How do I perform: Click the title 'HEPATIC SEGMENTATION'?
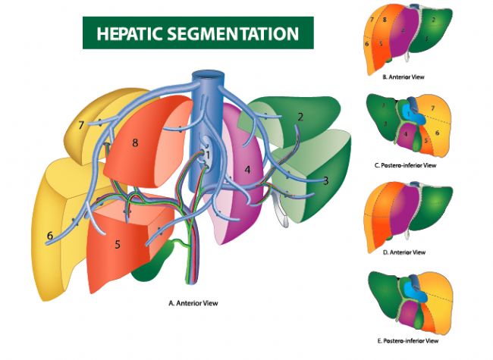pos(197,33)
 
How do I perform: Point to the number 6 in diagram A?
pos(49,236)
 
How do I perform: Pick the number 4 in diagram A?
pos(247,167)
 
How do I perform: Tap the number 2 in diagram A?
pos(300,117)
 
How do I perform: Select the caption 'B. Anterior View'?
pos(404,77)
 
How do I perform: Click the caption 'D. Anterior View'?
pos(404,252)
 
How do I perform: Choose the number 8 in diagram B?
pos(385,19)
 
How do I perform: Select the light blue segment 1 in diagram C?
pos(410,114)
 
